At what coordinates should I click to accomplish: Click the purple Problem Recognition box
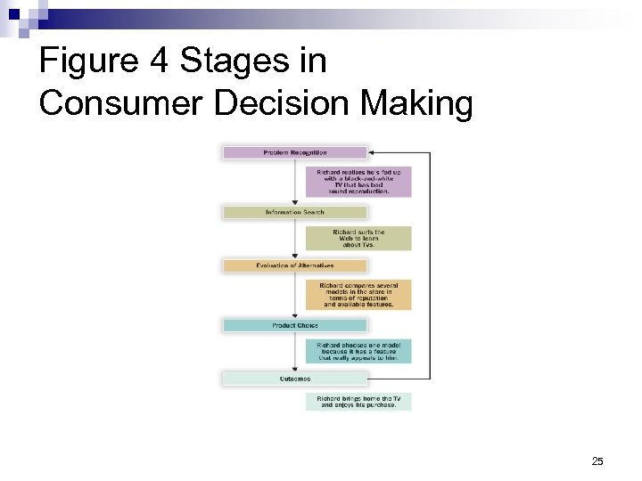point(294,152)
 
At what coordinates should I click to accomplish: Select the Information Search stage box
point(294,212)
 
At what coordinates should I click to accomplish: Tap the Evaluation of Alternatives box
point(294,265)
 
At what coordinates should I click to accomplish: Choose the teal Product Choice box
point(294,325)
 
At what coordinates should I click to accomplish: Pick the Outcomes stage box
point(294,379)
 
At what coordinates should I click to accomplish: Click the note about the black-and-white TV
point(358,181)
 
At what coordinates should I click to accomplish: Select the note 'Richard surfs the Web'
point(358,238)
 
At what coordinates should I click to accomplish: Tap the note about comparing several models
point(358,295)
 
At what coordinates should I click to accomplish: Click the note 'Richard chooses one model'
point(358,350)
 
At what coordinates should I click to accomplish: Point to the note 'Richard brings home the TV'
point(358,401)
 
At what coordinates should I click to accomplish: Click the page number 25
point(597,461)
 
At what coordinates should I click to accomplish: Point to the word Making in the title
point(416,103)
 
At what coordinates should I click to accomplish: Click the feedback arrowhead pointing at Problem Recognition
point(372,152)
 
